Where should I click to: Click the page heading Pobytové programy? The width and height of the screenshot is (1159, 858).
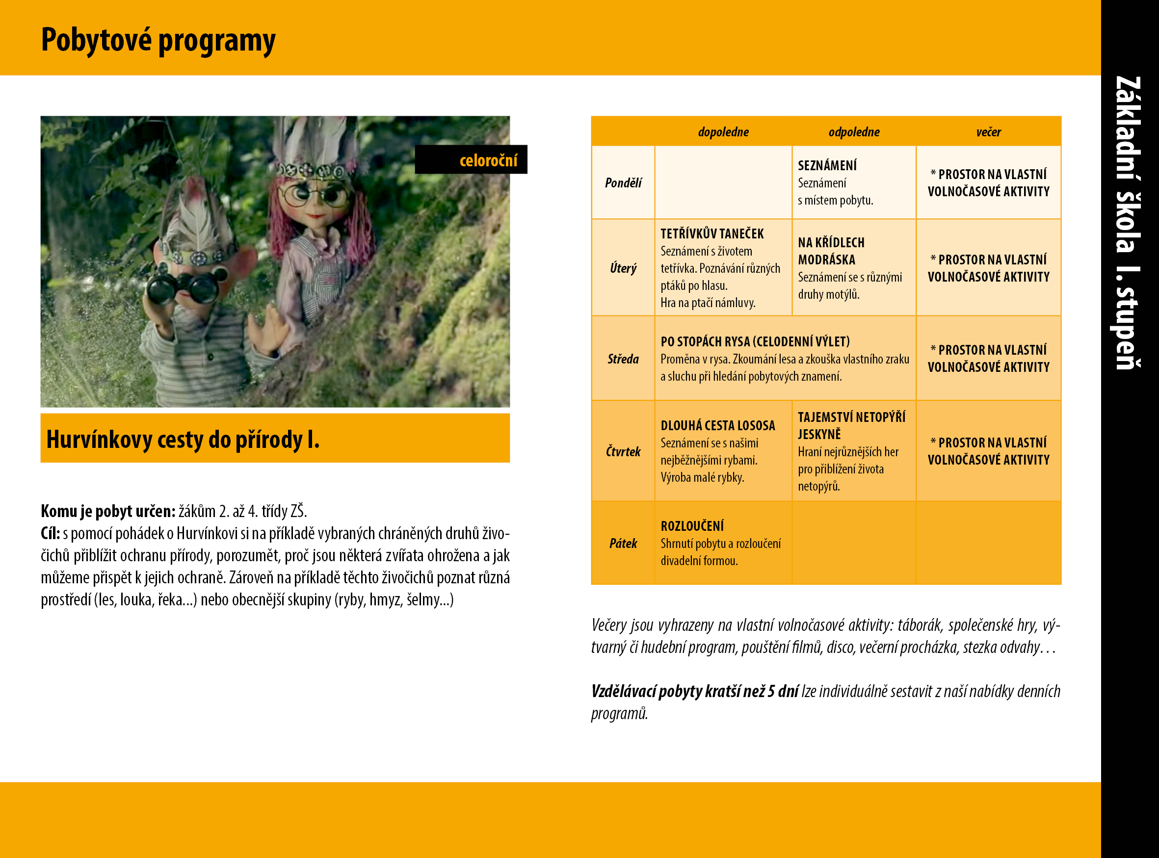[158, 41]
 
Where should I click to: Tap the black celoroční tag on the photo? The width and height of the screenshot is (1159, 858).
[471, 159]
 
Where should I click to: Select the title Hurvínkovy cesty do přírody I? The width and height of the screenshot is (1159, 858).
[183, 440]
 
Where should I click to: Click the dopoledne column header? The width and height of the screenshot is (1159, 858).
[723, 132]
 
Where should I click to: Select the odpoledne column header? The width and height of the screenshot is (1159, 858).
[854, 132]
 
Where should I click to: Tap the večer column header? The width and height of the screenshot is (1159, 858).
[988, 132]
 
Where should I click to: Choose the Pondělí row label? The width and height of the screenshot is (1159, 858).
[623, 183]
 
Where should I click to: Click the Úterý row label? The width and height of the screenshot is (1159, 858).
[623, 268]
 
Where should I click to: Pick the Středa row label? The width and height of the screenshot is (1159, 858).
[623, 359]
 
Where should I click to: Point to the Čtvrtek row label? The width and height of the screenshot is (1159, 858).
[623, 451]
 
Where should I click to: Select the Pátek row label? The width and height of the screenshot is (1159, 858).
[623, 543]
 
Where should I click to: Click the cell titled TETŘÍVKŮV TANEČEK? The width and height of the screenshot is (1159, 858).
[723, 267]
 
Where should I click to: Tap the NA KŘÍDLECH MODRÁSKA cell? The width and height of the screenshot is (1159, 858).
[854, 267]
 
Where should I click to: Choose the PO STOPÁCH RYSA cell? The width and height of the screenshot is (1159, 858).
[785, 359]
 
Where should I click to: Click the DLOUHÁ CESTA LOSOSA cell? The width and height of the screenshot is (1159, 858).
[723, 451]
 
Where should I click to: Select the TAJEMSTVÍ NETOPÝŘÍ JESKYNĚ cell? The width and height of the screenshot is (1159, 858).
[854, 451]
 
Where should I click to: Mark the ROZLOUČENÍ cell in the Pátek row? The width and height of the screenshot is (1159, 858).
[723, 543]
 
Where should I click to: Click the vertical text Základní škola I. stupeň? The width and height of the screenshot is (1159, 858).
[1129, 223]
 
